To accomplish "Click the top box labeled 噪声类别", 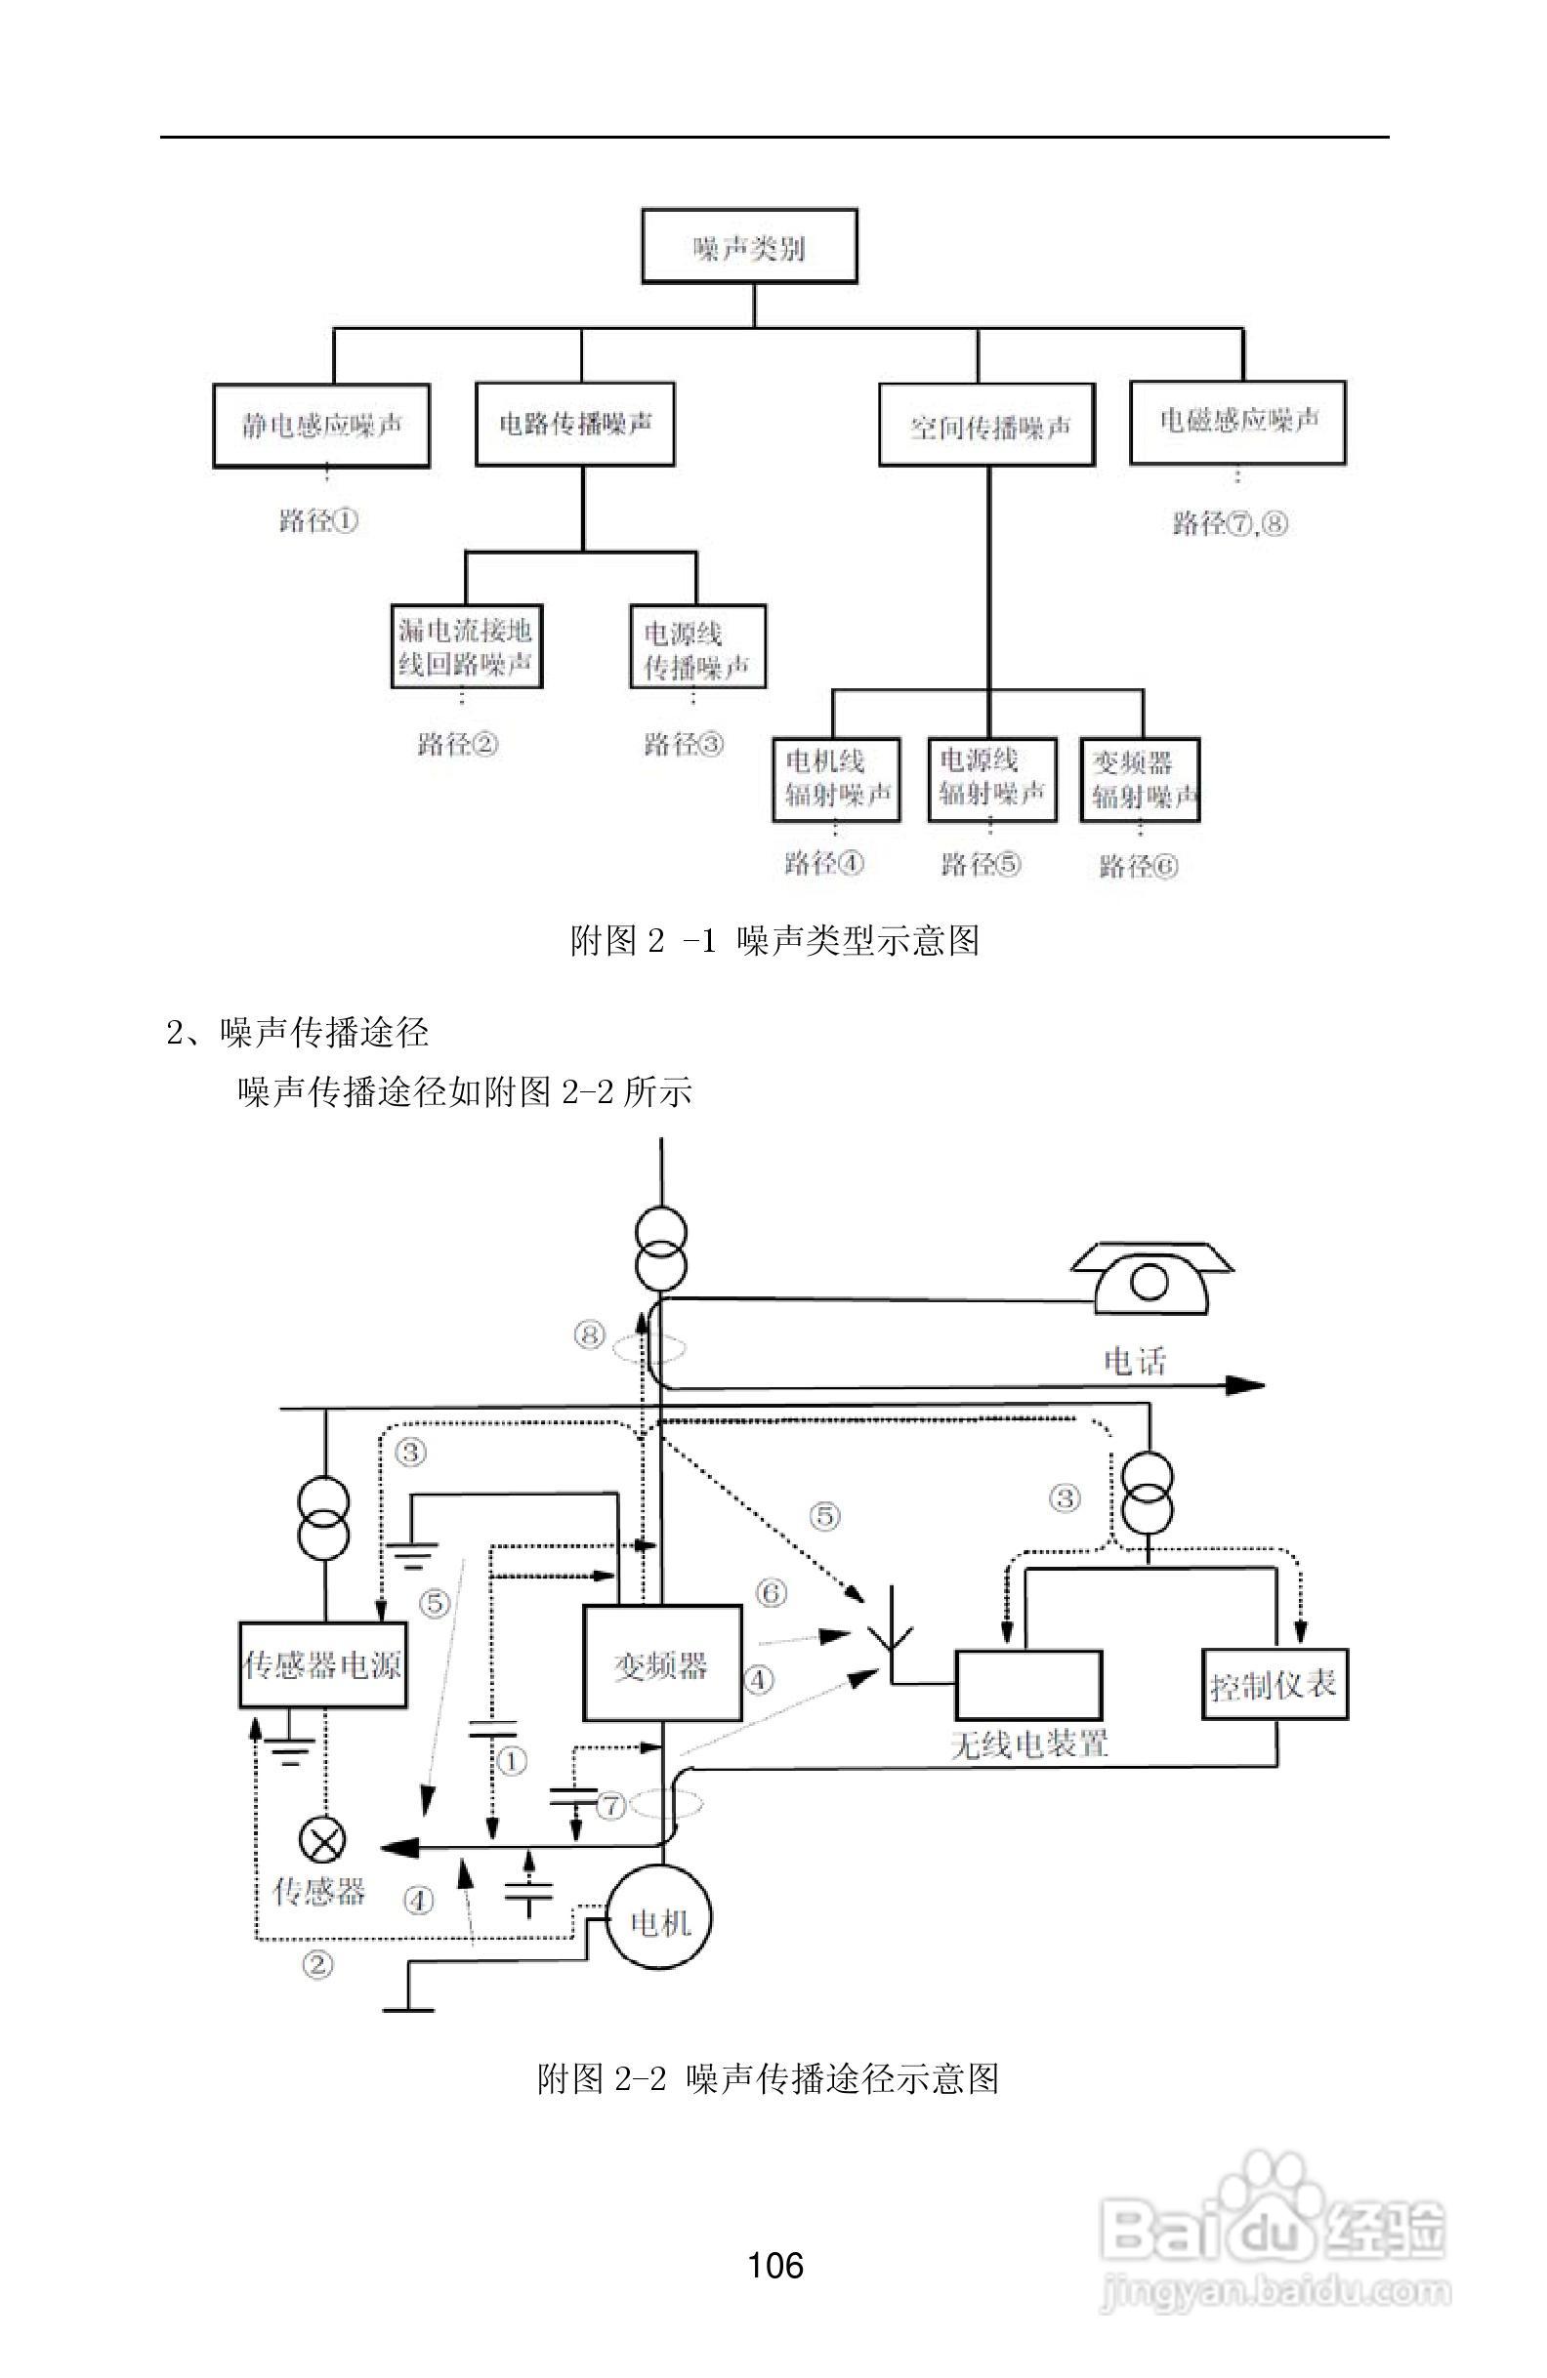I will pos(748,246).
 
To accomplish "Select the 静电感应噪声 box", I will pos(320,426).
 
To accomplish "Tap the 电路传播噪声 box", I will pos(574,424).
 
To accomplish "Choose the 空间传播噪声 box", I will pos(987,428).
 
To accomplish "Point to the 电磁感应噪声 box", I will pos(1237,422).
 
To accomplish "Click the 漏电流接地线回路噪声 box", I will pos(466,646).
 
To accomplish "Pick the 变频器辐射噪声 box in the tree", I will pos(1140,779).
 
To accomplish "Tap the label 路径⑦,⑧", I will pos(1230,522).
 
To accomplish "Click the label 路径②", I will pos(457,744).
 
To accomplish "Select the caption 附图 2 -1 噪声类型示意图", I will pos(774,940).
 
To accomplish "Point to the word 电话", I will pos(1133,1360).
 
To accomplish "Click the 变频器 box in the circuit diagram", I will pos(661,1663).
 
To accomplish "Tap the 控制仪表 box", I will pos(1274,1685).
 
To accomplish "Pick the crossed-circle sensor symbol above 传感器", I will pos(323,1838).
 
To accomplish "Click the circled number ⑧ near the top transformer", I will pos(590,1333).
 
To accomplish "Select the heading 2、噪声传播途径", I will pos(298,1032).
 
